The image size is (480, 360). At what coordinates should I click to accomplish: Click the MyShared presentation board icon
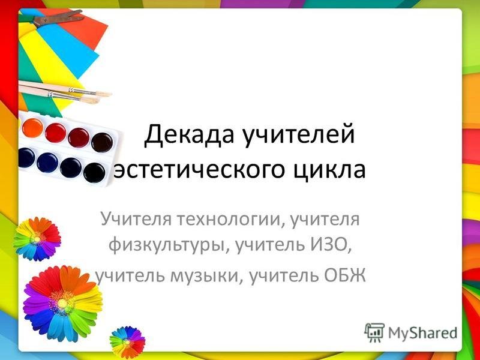[x=374, y=332]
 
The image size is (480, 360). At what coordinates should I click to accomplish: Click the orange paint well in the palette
[x=32, y=127]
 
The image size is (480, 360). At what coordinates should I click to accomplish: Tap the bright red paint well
[x=55, y=133]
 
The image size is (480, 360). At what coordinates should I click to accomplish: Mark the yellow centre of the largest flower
[x=63, y=303]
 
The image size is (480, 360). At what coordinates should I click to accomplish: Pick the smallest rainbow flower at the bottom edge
[x=127, y=342]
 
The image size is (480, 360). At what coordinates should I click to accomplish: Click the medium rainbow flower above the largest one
[x=37, y=239]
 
